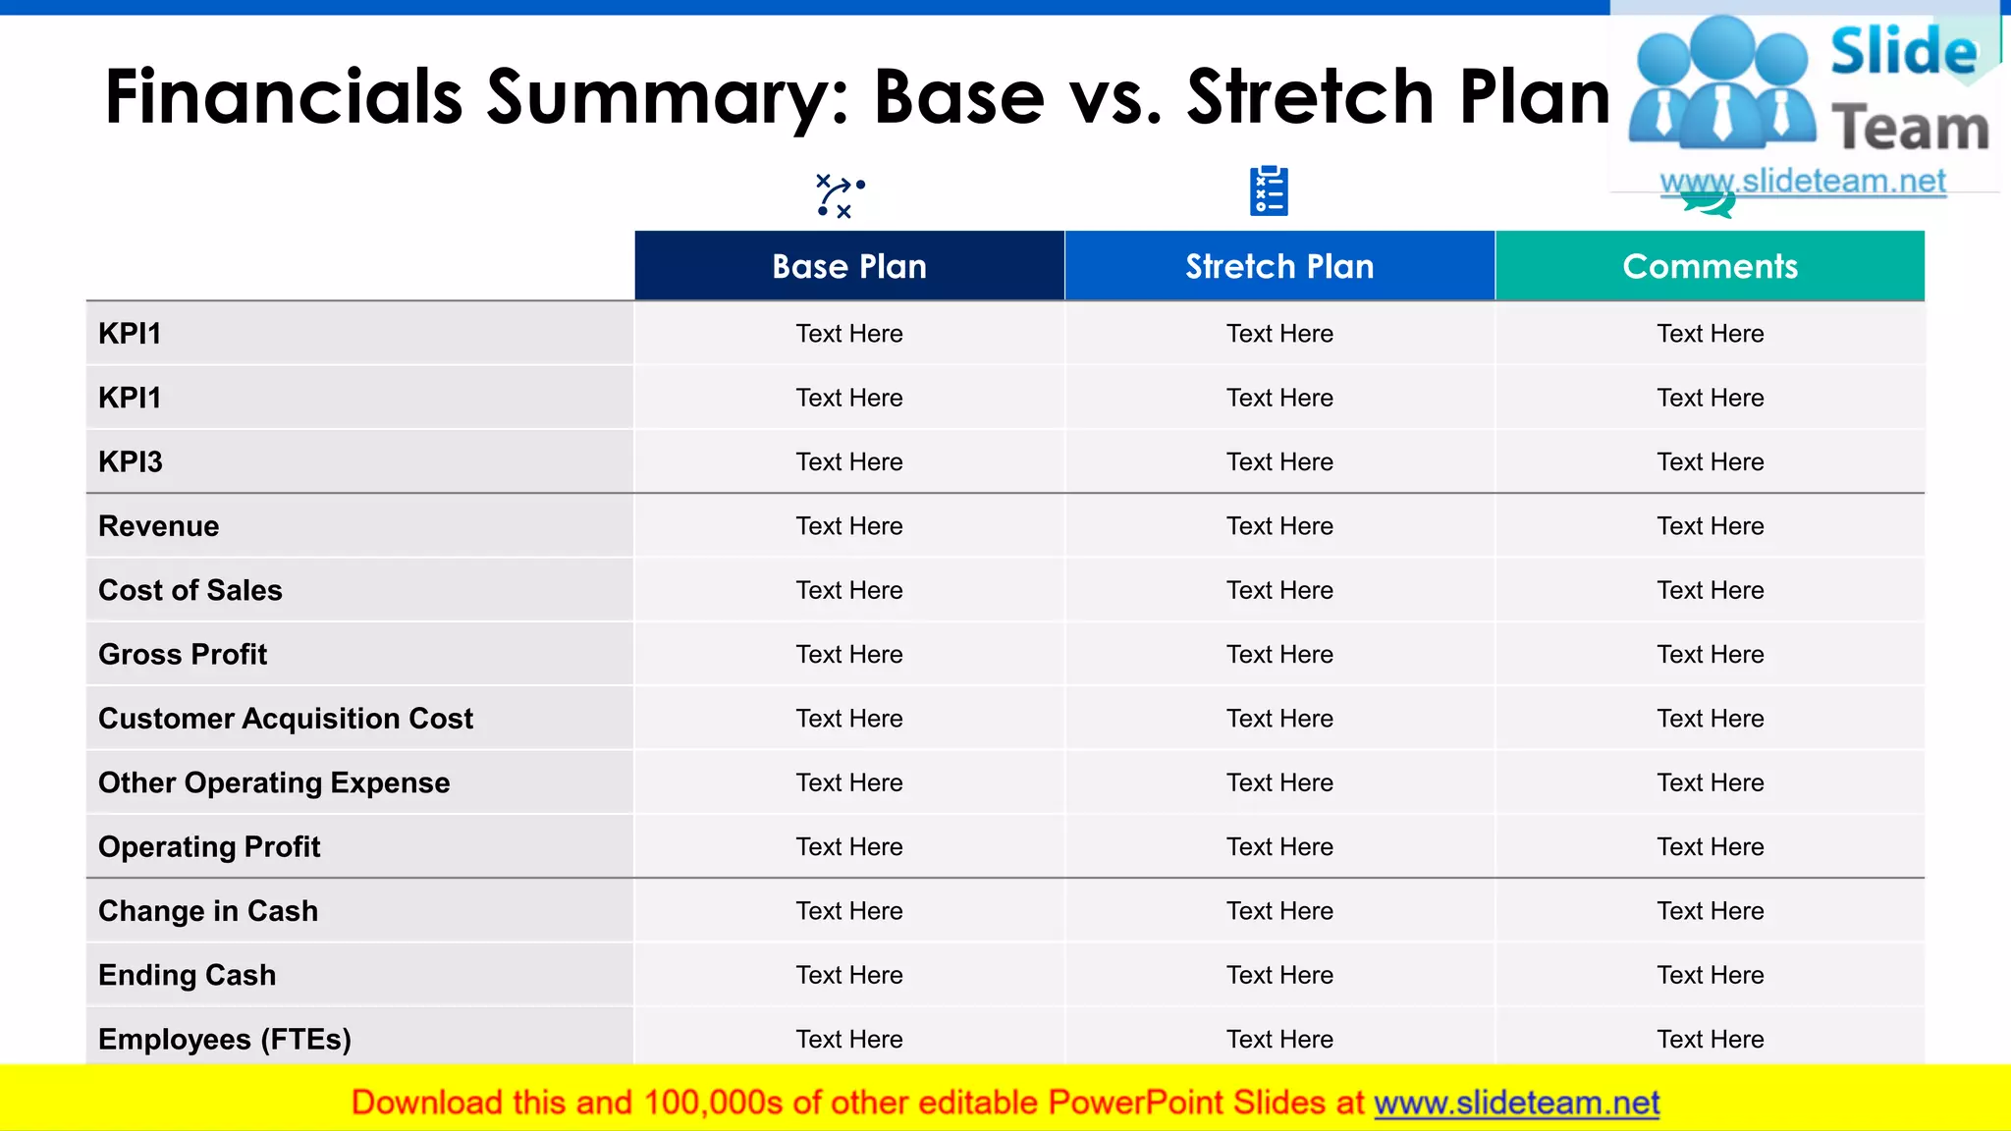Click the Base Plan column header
click(849, 266)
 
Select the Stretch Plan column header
click(1279, 266)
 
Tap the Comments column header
click(1710, 266)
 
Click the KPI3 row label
click(131, 461)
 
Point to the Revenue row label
click(159, 526)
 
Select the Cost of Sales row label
click(190, 590)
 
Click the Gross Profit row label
click(183, 654)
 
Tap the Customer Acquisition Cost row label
click(286, 719)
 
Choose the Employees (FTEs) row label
click(225, 1039)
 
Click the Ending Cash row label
click(188, 975)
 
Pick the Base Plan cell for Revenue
click(849, 526)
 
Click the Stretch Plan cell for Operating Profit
click(1279, 846)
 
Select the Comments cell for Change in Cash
click(1710, 911)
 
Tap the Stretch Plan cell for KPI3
click(1279, 461)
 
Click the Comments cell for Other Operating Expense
click(1710, 782)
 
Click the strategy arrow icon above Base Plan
click(840, 195)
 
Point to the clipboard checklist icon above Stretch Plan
click(1269, 191)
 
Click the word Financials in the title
click(284, 97)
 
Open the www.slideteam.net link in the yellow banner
click(1516, 1103)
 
